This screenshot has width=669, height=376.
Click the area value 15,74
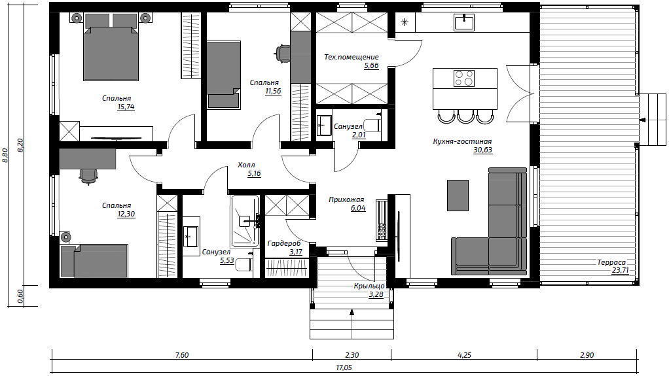pyautogui.click(x=126, y=107)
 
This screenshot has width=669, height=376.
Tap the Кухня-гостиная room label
pyautogui.click(x=462, y=141)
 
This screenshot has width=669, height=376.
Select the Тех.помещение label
pyautogui.click(x=351, y=57)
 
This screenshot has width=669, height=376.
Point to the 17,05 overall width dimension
pyautogui.click(x=344, y=367)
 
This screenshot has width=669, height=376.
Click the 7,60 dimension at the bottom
pyautogui.click(x=182, y=355)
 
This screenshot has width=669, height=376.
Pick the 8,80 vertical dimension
pyautogui.click(x=5, y=155)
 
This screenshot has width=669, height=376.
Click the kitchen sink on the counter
pyautogui.click(x=464, y=22)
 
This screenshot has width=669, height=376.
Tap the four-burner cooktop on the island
pyautogui.click(x=464, y=78)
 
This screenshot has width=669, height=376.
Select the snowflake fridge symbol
pyautogui.click(x=405, y=22)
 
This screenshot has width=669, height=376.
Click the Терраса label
pyautogui.click(x=611, y=263)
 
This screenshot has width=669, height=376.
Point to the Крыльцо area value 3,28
pyautogui.click(x=376, y=294)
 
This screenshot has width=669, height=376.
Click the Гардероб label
pyautogui.click(x=284, y=243)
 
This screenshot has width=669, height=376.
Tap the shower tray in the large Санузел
pyautogui.click(x=245, y=221)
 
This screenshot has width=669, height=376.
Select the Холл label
pyautogui.click(x=246, y=165)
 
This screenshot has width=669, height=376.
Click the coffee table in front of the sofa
pyautogui.click(x=458, y=196)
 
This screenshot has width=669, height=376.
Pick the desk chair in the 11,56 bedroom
pyautogui.click(x=281, y=53)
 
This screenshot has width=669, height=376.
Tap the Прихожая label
pyautogui.click(x=346, y=199)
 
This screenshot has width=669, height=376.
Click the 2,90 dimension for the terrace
pyautogui.click(x=587, y=355)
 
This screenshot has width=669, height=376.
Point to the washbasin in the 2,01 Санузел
pyautogui.click(x=324, y=126)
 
